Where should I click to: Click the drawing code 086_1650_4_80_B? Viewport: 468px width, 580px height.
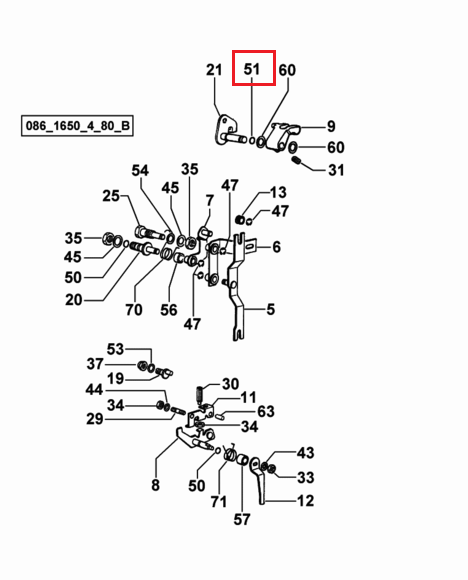point(77,126)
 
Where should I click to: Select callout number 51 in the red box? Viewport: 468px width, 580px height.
point(252,69)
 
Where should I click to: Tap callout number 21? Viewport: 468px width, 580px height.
point(214,70)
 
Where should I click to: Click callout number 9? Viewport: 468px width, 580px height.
point(331,127)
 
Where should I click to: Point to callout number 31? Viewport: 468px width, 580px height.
point(336,170)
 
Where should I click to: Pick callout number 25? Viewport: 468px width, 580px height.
point(111,196)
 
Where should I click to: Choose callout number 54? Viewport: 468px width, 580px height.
point(140,171)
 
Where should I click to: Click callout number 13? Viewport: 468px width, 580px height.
point(278,192)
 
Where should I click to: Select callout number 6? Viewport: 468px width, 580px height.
point(276,247)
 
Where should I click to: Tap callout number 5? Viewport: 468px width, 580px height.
point(271,309)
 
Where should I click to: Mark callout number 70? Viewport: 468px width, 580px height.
point(134,310)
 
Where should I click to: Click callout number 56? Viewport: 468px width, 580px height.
point(169,310)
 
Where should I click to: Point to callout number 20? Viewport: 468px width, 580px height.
point(73,300)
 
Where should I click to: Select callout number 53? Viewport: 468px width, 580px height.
point(115,349)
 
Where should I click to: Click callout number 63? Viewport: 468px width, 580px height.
point(266,411)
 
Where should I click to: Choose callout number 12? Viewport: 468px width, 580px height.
point(306,501)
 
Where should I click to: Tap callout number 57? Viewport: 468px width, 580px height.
point(242,519)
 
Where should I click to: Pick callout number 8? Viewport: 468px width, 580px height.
point(155,485)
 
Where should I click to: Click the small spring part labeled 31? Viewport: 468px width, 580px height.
point(297,161)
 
